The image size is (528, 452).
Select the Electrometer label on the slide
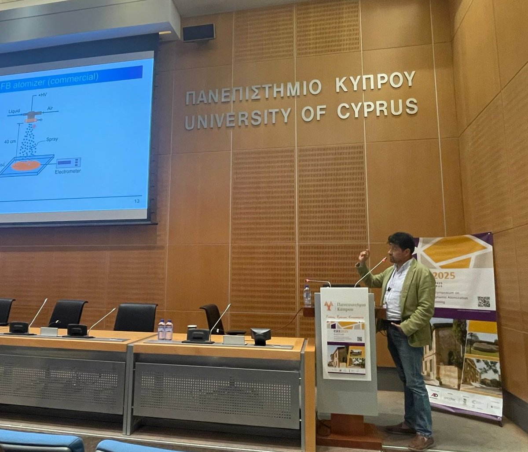click(68, 171)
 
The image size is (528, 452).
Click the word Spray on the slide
click(52, 140)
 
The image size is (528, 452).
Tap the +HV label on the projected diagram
click(42, 95)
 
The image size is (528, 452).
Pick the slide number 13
click(136, 201)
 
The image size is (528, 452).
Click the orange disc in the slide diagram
click(26, 166)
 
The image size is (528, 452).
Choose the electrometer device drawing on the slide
click(68, 163)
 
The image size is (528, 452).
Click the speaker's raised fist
click(363, 255)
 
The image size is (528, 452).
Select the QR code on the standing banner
click(483, 301)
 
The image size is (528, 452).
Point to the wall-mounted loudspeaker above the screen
click(199, 32)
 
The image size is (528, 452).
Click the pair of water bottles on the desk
click(165, 330)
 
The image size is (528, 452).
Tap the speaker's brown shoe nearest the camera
click(421, 442)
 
